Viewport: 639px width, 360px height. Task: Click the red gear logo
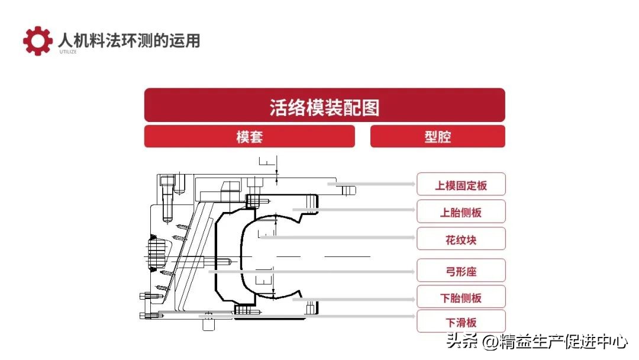pyautogui.click(x=37, y=41)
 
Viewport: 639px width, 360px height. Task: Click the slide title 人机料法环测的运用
pyautogui.click(x=129, y=40)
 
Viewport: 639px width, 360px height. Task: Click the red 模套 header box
pyautogui.click(x=249, y=137)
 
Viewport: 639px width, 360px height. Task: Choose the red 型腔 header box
pyautogui.click(x=437, y=137)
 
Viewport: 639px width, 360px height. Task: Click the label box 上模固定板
pyautogui.click(x=461, y=185)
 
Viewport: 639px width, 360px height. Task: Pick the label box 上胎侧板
pyautogui.click(x=461, y=212)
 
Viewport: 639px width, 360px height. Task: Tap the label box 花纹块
pyautogui.click(x=461, y=239)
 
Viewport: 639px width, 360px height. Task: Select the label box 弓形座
pyautogui.click(x=461, y=271)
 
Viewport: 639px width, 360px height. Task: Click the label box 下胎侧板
pyautogui.click(x=461, y=297)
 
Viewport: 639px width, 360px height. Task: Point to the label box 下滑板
pyautogui.click(x=461, y=322)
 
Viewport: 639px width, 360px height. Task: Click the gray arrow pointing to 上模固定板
pyautogui.click(x=373, y=184)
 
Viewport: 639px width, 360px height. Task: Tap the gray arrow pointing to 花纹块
pyautogui.click(x=337, y=238)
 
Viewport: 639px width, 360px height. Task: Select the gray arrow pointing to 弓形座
pyautogui.click(x=314, y=272)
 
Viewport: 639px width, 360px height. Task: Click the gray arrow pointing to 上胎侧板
pyautogui.click(x=355, y=210)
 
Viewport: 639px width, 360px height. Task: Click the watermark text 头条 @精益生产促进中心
pyautogui.click(x=537, y=342)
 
